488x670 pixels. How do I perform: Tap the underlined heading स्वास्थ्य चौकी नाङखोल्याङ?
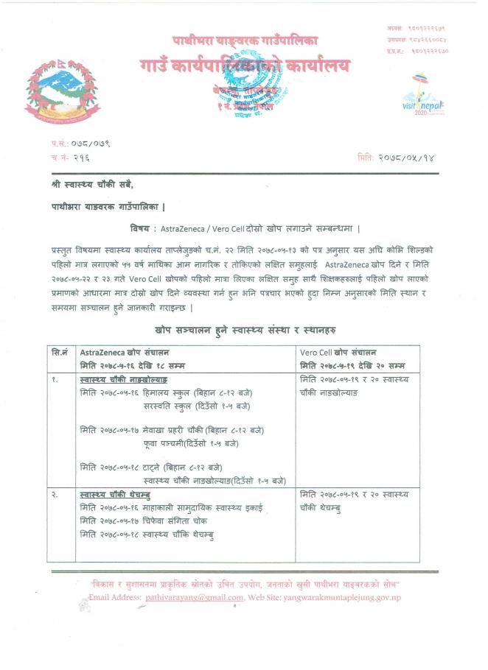123,380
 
